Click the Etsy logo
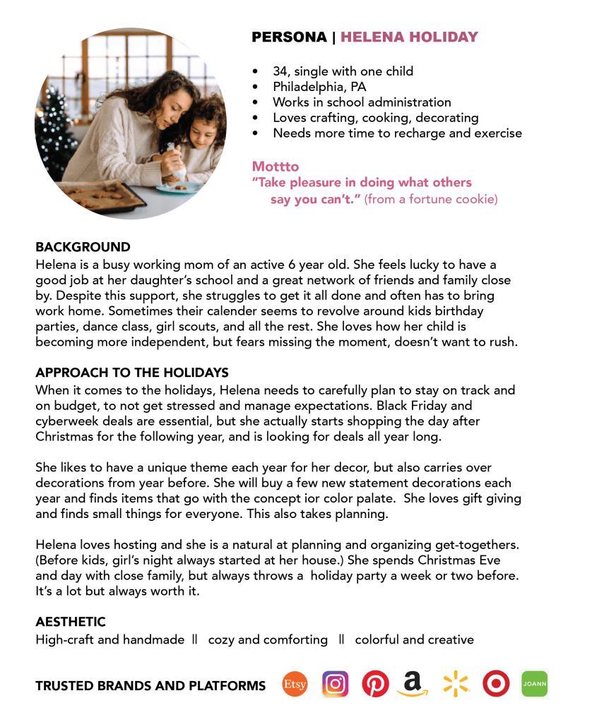pos(295,684)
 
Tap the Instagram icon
pos(336,684)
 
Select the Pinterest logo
pos(375,684)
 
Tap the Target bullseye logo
pos(496,684)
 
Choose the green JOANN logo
pos(534,684)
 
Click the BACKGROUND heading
pos(83,247)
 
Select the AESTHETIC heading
pos(71,622)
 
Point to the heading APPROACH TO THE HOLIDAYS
pos(132,373)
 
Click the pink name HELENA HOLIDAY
pos(409,37)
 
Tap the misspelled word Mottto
pos(276,167)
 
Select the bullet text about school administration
pos(362,102)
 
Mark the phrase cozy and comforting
pos(268,640)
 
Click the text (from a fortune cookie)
pos(431,200)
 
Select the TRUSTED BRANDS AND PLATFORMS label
pos(150,685)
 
